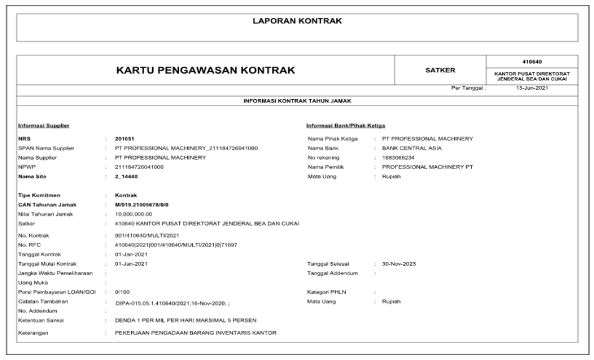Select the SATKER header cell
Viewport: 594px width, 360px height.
(x=440, y=71)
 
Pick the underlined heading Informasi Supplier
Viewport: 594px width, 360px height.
(x=44, y=125)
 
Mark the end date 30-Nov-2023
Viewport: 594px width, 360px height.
(x=401, y=263)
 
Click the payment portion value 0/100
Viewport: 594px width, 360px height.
(x=122, y=291)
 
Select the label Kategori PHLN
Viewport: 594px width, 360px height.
(x=329, y=291)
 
